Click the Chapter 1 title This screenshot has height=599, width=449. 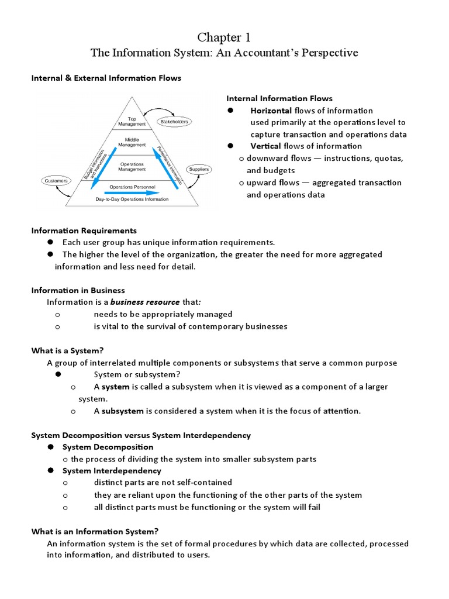point(224,37)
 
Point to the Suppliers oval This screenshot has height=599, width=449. point(199,169)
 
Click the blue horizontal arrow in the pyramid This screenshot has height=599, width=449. point(132,192)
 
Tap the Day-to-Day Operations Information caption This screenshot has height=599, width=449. point(132,199)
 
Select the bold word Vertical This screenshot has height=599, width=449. point(265,146)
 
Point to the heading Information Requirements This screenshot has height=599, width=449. point(84,230)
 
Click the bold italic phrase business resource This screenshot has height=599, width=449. point(145,302)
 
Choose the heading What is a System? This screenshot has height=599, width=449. point(67,350)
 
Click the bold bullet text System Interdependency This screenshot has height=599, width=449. point(112,471)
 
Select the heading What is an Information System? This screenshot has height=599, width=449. point(95,531)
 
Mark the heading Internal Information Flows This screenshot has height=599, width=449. point(279,98)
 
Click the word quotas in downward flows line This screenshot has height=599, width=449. point(389,159)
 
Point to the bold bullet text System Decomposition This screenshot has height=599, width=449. point(108,447)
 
